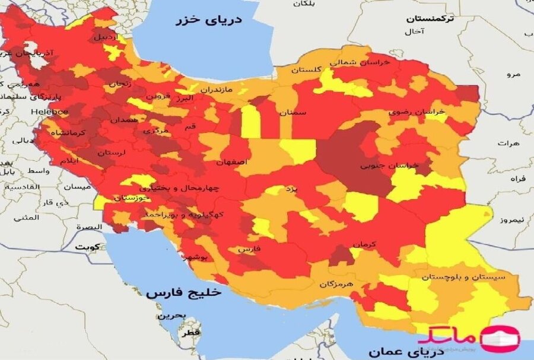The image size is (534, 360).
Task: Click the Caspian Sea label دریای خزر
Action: [x=208, y=21]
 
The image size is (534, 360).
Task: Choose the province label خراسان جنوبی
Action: [x=389, y=165]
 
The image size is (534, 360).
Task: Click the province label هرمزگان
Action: [x=336, y=284]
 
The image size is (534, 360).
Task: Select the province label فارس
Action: [x=250, y=250]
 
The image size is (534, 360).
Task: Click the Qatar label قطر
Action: [x=192, y=333]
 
